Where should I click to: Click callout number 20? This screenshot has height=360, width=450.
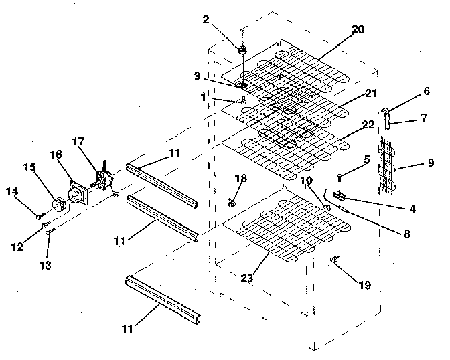click(358, 29)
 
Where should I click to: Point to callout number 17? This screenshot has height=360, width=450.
click(78, 141)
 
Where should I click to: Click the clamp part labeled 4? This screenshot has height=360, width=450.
click(340, 195)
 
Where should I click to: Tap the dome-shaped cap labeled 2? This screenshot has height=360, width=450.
click(243, 49)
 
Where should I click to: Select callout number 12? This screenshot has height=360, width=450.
click(18, 246)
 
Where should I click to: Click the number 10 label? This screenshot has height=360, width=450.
click(305, 180)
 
